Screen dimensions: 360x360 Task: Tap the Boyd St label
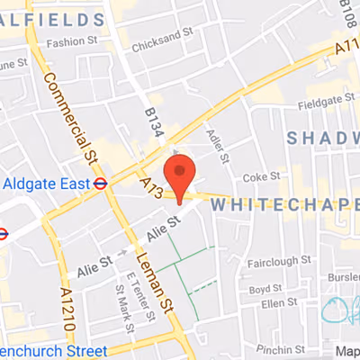point(267,290)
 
